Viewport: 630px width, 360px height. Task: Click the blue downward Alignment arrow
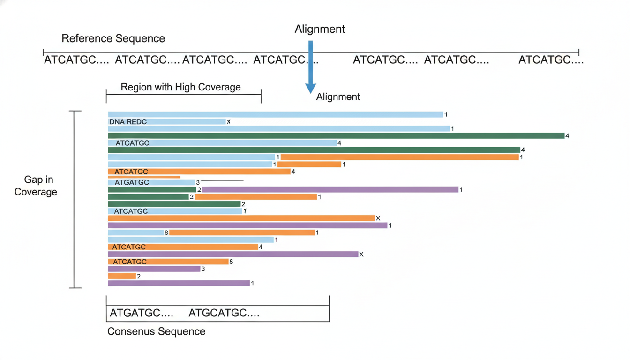(x=310, y=67)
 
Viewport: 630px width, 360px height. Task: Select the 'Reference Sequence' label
(x=113, y=38)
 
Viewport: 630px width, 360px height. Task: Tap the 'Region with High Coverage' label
(x=180, y=87)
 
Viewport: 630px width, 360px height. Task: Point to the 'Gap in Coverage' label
(x=36, y=186)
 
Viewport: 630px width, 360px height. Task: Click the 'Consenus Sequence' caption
(x=157, y=331)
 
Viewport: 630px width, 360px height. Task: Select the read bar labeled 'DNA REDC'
(x=167, y=122)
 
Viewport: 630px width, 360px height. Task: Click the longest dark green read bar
(x=337, y=136)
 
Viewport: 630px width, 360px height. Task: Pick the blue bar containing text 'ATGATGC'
(x=151, y=182)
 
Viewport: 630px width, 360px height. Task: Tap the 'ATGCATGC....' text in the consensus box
(x=224, y=313)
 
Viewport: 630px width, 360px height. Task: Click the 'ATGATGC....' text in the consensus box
(x=142, y=313)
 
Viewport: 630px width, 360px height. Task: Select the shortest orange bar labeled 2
(x=122, y=276)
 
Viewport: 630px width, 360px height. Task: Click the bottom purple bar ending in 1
(x=179, y=283)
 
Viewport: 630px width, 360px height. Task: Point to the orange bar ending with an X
(x=241, y=218)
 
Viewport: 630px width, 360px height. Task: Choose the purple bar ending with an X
(x=233, y=254)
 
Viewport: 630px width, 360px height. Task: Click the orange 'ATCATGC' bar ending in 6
(x=168, y=262)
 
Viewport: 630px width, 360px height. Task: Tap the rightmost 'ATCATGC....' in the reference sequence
(x=551, y=60)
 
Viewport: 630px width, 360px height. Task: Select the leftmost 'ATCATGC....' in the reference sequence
(x=76, y=60)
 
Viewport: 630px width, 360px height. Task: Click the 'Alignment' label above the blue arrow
(x=320, y=29)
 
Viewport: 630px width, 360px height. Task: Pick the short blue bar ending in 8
(x=136, y=232)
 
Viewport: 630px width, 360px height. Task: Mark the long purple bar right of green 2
(x=330, y=189)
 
